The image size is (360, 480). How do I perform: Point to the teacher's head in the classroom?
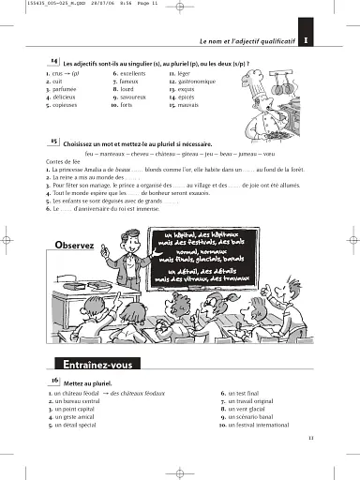click(120, 238)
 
